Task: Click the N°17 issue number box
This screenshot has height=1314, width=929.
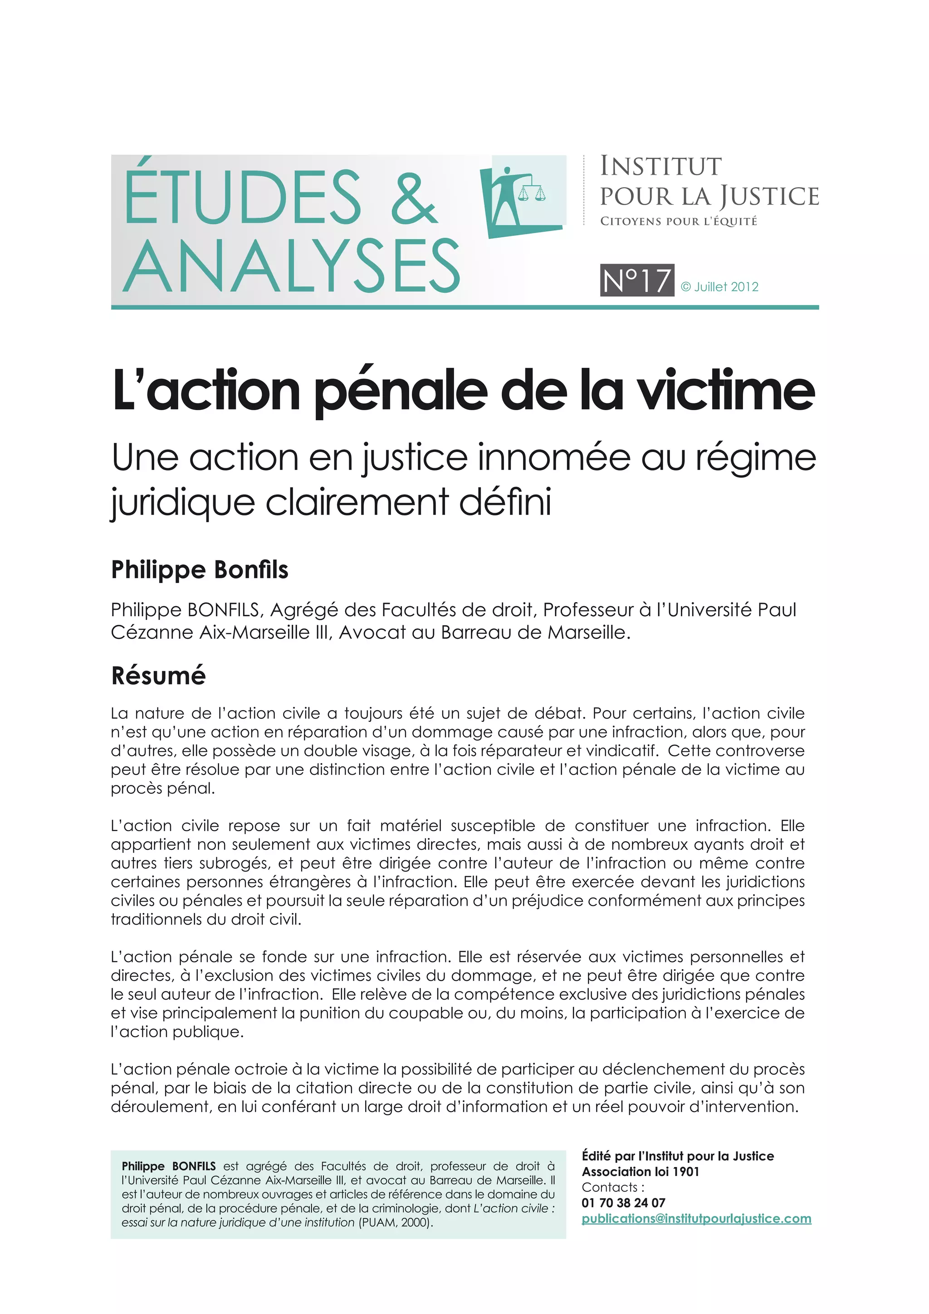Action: click(637, 280)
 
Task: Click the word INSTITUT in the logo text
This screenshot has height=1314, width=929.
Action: click(661, 166)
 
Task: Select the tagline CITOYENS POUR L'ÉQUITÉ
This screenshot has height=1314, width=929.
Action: click(679, 221)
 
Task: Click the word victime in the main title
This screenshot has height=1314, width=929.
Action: click(726, 390)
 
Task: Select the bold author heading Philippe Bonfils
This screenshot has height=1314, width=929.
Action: click(200, 570)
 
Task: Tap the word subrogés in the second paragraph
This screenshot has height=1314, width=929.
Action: click(226, 863)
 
